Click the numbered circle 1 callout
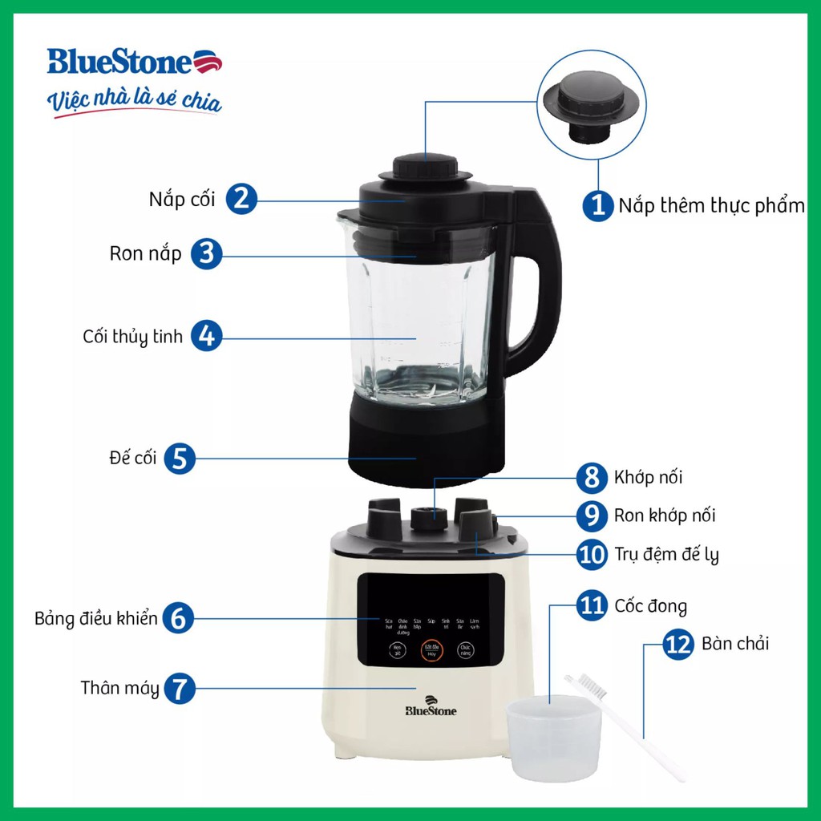pos(597,204)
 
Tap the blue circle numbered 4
pos(206,336)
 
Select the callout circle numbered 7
pos(180,688)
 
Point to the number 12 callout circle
pos(678,644)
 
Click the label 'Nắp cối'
pos(182,199)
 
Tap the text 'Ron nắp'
pos(146,254)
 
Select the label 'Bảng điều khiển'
pos(96,619)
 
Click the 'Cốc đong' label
pos(650,605)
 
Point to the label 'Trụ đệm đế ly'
pos(666,555)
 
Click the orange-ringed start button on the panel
pos(431,651)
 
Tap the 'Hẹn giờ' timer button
pos(396,651)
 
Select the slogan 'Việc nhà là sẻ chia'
pos(134,102)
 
